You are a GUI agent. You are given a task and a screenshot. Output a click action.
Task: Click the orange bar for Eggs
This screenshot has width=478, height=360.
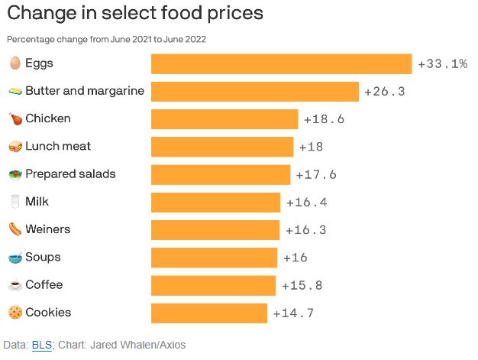point(281,64)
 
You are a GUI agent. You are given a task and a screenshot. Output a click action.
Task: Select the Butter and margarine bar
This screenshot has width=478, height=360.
point(255,92)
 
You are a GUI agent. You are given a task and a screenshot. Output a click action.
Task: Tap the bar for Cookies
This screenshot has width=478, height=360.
point(209,313)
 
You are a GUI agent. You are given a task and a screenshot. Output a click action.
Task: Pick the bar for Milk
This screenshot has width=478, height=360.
point(216,203)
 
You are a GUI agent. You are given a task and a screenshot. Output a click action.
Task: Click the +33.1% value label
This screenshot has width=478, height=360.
point(442,64)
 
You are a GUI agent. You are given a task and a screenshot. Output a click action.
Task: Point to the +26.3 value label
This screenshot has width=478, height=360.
point(384,92)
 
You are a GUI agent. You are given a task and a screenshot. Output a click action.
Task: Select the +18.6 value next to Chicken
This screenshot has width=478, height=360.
point(324,119)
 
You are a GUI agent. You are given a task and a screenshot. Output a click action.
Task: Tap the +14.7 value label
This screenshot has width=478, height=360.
point(293,313)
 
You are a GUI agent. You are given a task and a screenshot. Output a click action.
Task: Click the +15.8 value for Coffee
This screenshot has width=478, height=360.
point(302,285)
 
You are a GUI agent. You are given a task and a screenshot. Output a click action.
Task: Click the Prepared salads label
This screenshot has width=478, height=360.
point(70,174)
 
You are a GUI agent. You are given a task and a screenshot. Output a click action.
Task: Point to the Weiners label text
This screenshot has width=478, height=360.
point(47,229)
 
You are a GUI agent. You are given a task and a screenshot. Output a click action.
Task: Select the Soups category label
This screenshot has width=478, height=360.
point(43,258)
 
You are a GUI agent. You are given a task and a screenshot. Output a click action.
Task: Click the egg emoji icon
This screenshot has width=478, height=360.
point(15,63)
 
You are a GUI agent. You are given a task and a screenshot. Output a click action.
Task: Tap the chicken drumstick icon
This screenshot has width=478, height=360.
point(15,118)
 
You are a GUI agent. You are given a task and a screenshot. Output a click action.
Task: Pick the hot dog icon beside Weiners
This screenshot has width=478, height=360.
point(15,229)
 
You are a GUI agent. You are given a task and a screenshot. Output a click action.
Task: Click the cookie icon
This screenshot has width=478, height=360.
point(15,313)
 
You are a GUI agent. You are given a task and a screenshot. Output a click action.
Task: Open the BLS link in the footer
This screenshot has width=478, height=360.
point(41,345)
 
